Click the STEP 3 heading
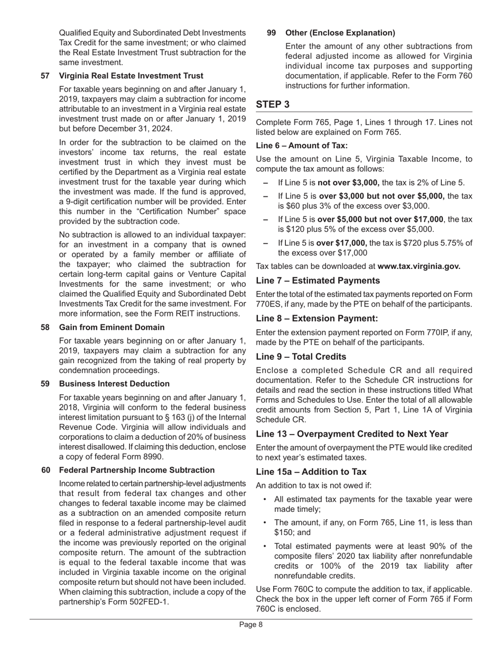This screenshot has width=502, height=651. point(273,105)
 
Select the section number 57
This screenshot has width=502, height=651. point(46,76)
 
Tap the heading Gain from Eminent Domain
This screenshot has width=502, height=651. point(111,328)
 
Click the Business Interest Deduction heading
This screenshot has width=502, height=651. point(114,384)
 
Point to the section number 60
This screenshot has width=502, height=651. point(46,470)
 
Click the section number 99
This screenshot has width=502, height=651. point(272,33)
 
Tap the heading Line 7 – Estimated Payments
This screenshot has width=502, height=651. point(318,281)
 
